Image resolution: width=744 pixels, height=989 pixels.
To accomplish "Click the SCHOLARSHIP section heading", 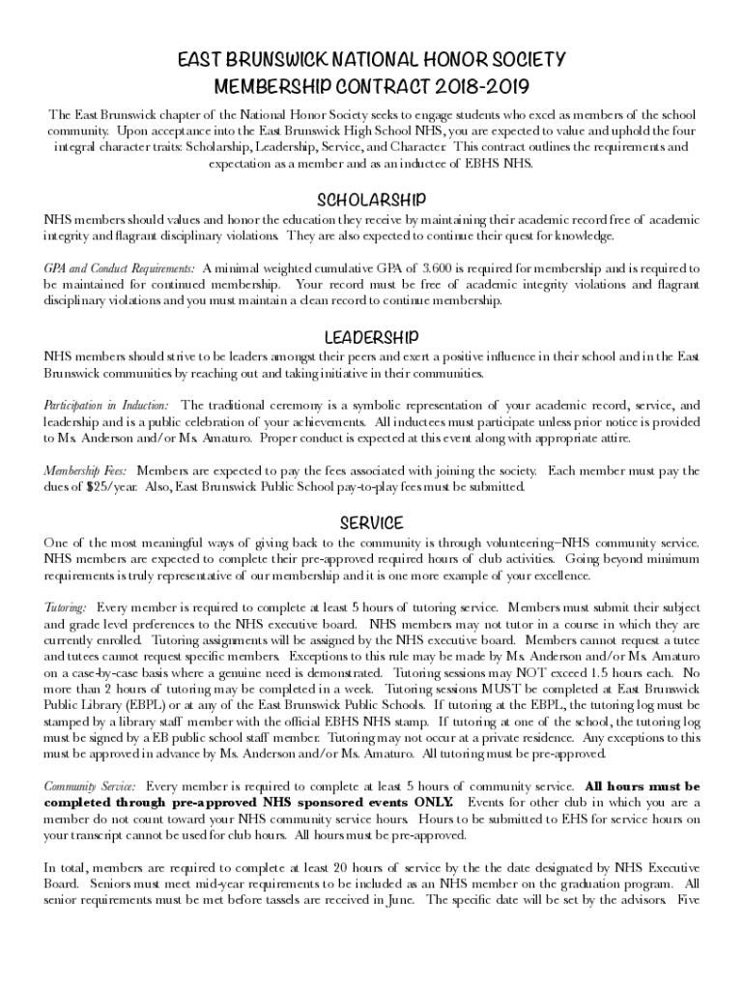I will tap(372, 200).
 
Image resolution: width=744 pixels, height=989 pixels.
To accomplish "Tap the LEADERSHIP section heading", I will tap(372, 337).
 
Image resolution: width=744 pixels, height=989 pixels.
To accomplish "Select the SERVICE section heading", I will tap(372, 523).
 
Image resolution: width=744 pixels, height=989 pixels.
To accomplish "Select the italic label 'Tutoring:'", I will tap(65, 608).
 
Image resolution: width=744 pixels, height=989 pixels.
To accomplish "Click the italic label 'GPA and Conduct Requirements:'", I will tap(119, 267).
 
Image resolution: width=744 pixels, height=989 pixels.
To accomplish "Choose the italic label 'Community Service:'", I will tap(89, 786).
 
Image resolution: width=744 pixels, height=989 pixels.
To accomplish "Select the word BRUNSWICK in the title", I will tap(267, 60).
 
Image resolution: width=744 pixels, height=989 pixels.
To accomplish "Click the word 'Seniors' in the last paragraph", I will tap(114, 884).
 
